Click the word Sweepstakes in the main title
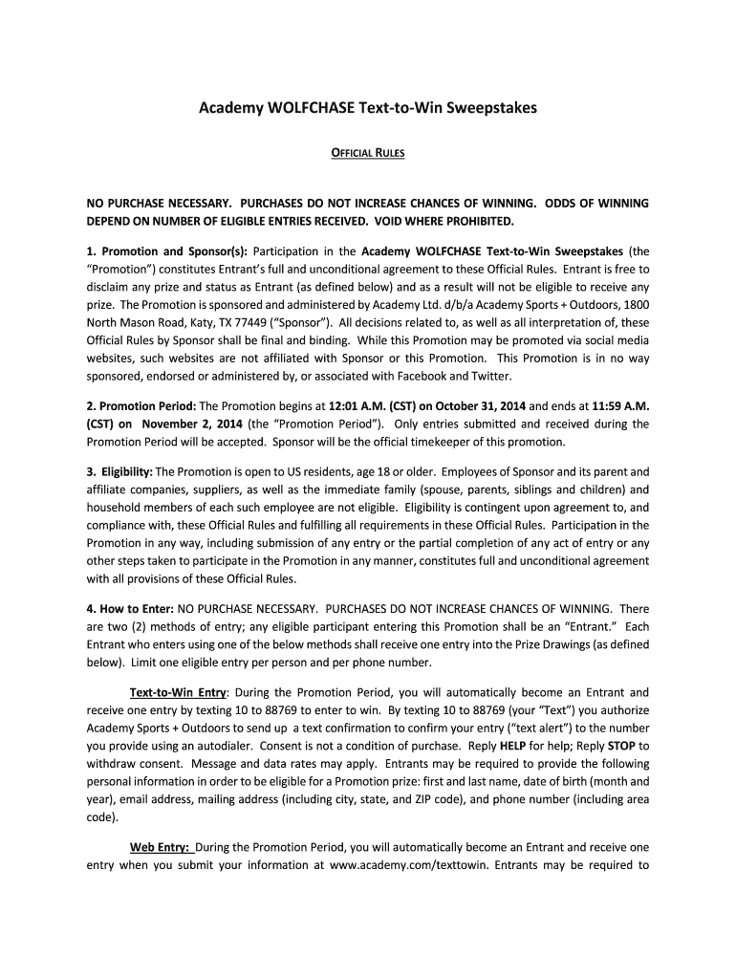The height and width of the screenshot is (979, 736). pyautogui.click(x=489, y=108)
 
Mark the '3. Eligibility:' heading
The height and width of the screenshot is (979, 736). pyautogui.click(x=119, y=472)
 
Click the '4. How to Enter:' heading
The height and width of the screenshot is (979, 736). pyautogui.click(x=130, y=609)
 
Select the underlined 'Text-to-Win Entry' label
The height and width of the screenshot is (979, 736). pyautogui.click(x=178, y=693)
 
